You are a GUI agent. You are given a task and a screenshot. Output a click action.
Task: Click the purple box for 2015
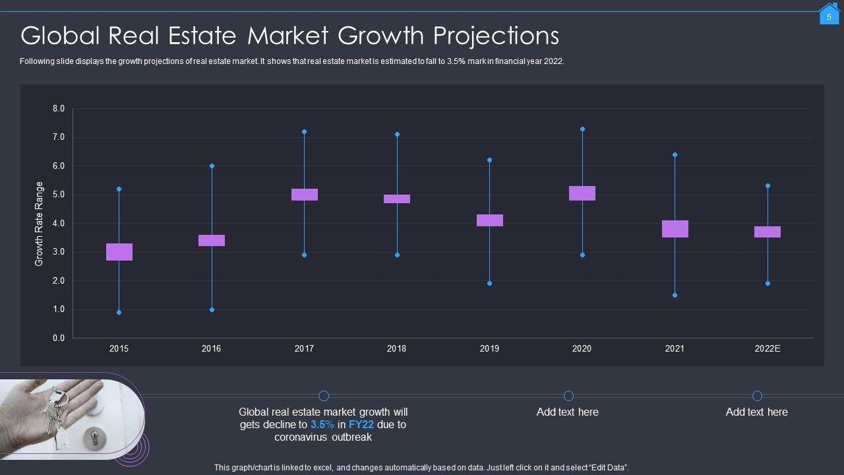click(119, 252)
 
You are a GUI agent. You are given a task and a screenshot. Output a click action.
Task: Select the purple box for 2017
click(305, 195)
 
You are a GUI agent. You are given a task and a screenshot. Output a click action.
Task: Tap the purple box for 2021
click(675, 229)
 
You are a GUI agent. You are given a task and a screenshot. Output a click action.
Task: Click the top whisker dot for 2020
click(582, 129)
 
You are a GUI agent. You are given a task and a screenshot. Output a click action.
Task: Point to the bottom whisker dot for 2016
click(212, 309)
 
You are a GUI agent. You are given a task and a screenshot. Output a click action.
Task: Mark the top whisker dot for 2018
click(397, 135)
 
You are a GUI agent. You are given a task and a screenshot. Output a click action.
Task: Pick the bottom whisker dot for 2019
click(489, 284)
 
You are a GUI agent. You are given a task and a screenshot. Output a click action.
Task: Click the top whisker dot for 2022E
click(768, 186)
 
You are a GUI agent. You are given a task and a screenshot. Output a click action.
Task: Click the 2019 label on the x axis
click(489, 349)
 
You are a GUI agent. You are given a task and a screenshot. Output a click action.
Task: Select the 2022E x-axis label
click(768, 349)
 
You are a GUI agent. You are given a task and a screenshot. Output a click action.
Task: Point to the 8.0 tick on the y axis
click(59, 109)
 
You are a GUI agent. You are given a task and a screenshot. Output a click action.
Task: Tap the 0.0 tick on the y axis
click(59, 338)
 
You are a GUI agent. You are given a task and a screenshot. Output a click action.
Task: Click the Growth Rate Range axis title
click(39, 224)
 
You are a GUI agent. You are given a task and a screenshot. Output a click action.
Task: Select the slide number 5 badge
click(829, 16)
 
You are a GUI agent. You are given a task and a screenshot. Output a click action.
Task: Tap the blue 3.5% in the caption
click(322, 425)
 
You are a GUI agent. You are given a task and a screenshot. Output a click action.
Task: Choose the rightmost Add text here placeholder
click(757, 412)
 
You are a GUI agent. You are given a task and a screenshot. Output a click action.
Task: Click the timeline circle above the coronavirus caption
click(324, 396)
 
